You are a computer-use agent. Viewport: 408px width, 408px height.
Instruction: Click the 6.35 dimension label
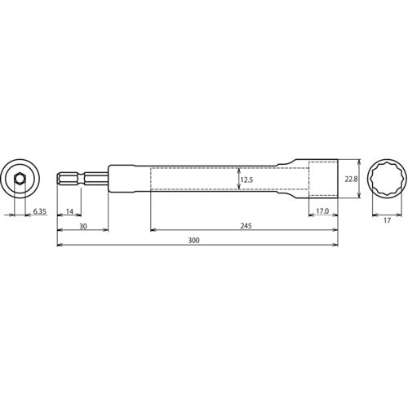click(x=40, y=212)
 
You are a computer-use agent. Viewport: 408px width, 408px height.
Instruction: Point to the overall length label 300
click(x=193, y=242)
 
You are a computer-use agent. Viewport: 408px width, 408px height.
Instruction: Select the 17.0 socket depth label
click(x=322, y=212)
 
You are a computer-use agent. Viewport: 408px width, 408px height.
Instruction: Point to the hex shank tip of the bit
click(x=62, y=179)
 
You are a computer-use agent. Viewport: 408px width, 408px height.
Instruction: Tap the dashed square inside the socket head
click(x=322, y=179)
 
